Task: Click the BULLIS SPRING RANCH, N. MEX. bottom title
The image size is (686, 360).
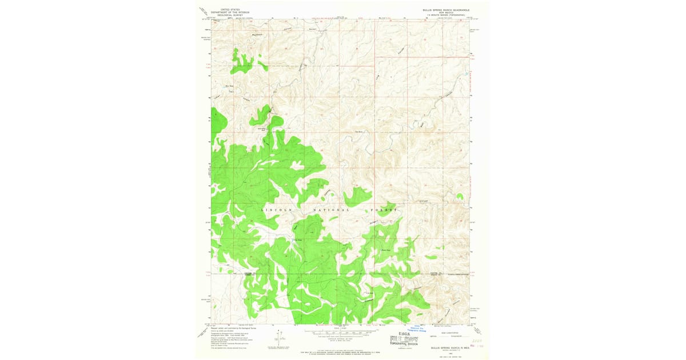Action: click(x=446, y=347)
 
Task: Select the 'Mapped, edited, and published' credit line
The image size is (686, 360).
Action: click(x=226, y=328)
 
